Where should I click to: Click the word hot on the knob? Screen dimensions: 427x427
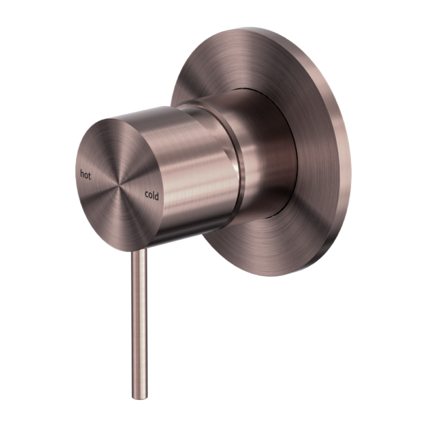click(x=85, y=174)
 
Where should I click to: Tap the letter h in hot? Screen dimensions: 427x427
click(x=82, y=173)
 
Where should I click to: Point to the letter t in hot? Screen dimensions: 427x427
click(x=90, y=174)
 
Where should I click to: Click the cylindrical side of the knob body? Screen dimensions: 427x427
click(x=192, y=171)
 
